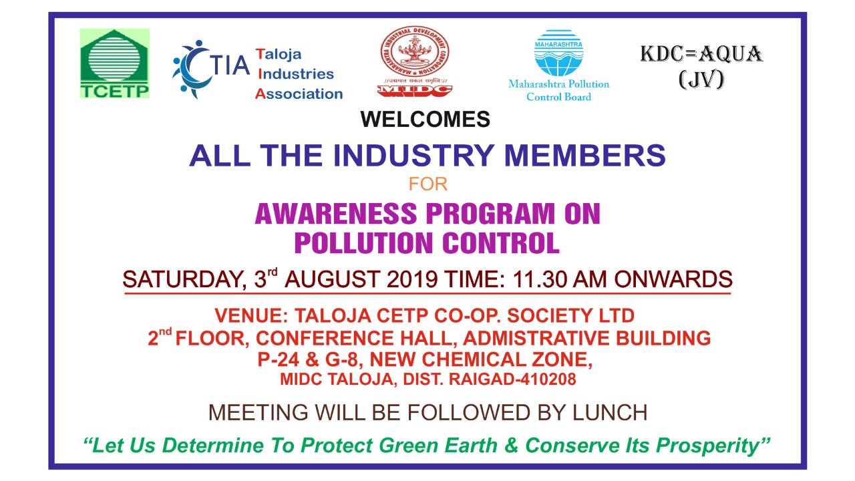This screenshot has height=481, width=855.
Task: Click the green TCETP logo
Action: click(x=114, y=63)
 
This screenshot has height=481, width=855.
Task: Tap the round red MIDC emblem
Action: click(x=415, y=52)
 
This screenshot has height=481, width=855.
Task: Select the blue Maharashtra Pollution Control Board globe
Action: click(x=558, y=53)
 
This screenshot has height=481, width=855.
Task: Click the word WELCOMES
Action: click(x=425, y=119)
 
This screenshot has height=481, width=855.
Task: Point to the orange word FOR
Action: click(x=428, y=184)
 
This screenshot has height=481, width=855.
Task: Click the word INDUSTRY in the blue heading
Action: click(x=413, y=156)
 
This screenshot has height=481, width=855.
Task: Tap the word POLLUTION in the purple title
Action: click(x=364, y=243)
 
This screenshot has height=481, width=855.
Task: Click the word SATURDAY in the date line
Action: click(x=184, y=279)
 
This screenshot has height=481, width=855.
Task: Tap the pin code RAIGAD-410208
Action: click(x=512, y=379)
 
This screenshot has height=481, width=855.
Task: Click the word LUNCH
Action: click(x=610, y=413)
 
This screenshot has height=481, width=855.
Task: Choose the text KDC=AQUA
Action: click(x=701, y=54)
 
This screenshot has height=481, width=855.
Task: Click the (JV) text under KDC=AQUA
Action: click(x=701, y=79)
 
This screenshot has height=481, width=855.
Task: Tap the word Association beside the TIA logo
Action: click(x=299, y=94)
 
